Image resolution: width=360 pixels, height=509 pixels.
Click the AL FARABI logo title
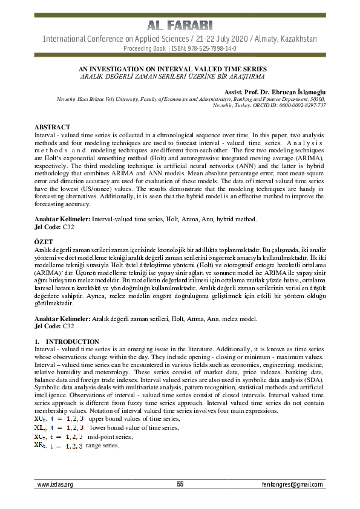pos(180,25)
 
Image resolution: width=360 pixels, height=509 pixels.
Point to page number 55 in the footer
pos(180,484)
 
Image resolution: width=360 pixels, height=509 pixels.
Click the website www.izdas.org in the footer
pos(55,485)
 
